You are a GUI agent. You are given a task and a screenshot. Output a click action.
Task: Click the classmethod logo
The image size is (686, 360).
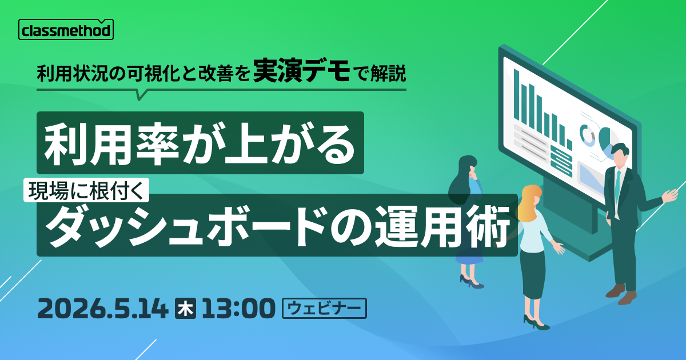coord(66,30)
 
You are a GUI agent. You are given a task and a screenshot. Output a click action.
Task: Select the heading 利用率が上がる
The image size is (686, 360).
coord(200,142)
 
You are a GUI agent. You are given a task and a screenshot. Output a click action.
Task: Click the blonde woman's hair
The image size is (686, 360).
coord(528,200)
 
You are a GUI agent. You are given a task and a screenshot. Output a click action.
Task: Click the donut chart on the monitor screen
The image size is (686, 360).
coord(587,134)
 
